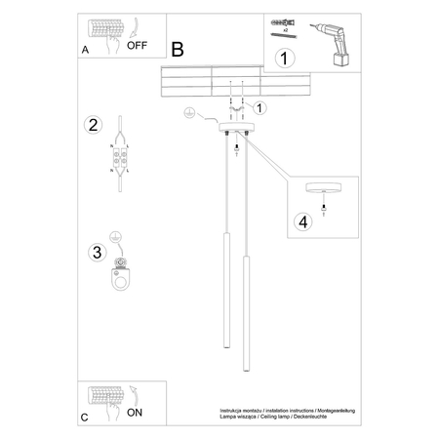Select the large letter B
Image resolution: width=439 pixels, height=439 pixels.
[x=177, y=50]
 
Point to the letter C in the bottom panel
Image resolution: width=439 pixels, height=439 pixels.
[x=85, y=418]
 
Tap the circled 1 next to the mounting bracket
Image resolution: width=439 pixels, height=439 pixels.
[x=260, y=107]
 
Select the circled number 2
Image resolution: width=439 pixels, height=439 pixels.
[x=94, y=124]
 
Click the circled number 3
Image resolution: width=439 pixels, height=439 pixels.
[x=97, y=253]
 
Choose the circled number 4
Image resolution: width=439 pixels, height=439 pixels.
[x=302, y=221]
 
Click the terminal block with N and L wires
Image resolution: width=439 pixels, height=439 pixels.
[x=122, y=155]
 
